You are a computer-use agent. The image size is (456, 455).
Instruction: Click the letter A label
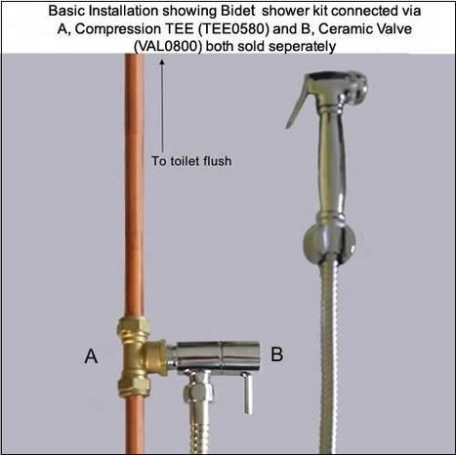(x=91, y=356)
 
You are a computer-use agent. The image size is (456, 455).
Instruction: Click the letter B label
(x=276, y=353)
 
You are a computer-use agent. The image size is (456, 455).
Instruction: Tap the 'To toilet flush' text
(x=191, y=161)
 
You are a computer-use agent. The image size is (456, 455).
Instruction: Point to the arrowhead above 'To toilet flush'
(x=162, y=62)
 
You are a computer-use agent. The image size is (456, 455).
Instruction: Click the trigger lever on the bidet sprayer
(x=297, y=103)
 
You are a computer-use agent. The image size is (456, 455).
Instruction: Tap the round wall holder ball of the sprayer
(x=329, y=242)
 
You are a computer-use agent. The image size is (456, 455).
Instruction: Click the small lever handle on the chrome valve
(x=248, y=393)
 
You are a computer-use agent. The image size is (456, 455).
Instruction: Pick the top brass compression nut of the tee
(x=134, y=328)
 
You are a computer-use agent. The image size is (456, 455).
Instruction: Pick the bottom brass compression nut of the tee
(x=134, y=385)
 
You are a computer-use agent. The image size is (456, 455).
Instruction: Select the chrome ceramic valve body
(x=216, y=356)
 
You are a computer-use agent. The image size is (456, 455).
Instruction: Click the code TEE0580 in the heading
(x=233, y=29)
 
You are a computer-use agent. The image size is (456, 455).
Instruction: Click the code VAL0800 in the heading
(x=168, y=47)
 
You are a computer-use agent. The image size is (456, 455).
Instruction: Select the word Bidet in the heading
(x=237, y=11)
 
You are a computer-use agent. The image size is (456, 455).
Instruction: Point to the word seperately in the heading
(x=302, y=47)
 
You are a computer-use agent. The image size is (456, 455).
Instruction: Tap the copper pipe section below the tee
(x=134, y=426)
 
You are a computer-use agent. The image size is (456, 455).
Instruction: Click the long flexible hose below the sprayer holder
(x=329, y=357)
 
